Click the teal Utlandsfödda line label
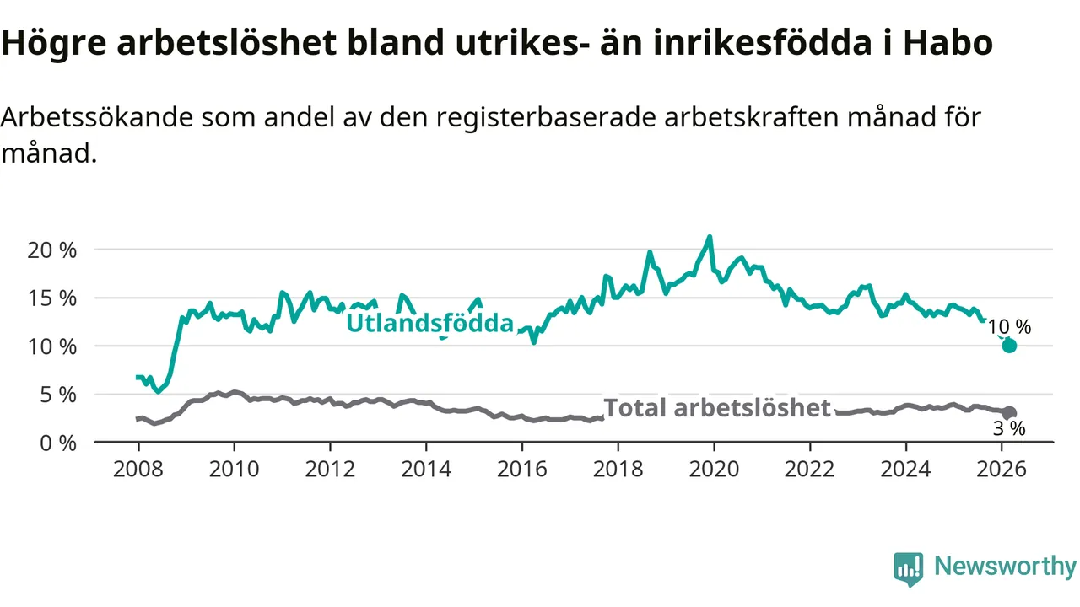coord(430,324)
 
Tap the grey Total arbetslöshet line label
coord(717,408)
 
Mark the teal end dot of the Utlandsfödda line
coord(1009,346)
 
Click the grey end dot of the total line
coord(1009,413)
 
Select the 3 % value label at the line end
coord(1009,430)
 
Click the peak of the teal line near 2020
coord(710,237)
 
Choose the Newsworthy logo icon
coord(909,569)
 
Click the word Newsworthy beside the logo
coord(1005,567)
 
